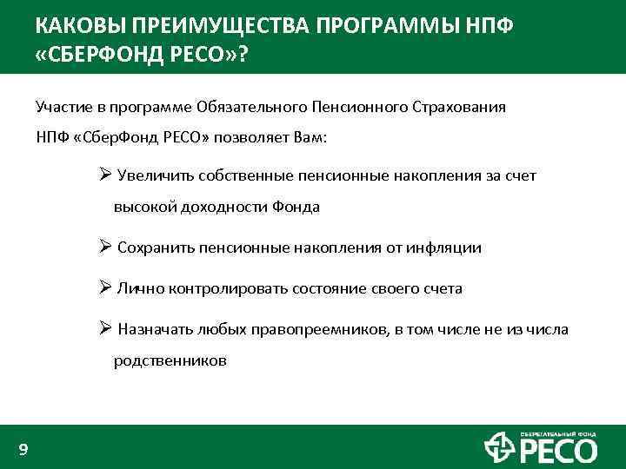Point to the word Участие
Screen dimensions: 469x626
tap(64, 107)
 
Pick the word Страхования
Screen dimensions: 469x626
tap(460, 107)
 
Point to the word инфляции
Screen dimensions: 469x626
tap(448, 248)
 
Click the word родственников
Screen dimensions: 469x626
tap(170, 360)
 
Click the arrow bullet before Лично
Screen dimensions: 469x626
tap(104, 287)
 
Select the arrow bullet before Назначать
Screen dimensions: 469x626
tap(104, 328)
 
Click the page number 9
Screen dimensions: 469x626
tap(23, 449)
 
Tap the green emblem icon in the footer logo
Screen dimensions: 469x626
tap(499, 448)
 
